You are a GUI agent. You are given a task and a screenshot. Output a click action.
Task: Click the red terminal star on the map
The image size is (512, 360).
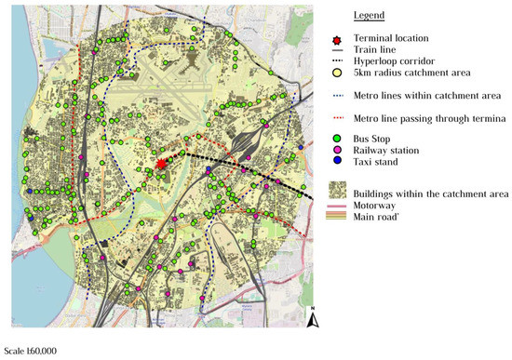pyautogui.click(x=162, y=163)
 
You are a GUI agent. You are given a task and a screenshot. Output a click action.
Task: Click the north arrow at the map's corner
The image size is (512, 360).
pyautogui.click(x=315, y=322)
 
